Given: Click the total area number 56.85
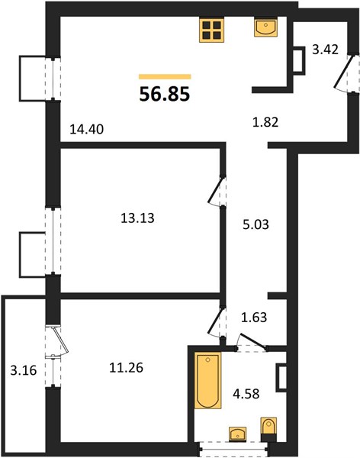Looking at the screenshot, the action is tap(165, 95).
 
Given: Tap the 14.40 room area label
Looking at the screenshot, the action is tap(87, 129).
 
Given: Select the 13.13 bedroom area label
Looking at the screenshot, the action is tap(137, 218).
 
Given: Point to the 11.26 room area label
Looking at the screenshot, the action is tap(126, 368).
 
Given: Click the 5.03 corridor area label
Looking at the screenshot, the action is tap(256, 224).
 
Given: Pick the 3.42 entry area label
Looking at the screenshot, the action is tap(325, 50).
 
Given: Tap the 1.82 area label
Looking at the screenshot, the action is tap(265, 122).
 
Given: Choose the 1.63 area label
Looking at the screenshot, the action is tap(254, 317).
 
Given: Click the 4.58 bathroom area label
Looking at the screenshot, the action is tap(246, 394).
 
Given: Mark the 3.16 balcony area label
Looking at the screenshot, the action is tap(24, 371).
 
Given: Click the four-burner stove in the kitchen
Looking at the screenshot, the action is tap(212, 31).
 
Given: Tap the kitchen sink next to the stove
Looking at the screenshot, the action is tap(265, 27).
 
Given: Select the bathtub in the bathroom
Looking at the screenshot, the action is tap(208, 380).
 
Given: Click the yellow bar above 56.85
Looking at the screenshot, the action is tap(165, 77).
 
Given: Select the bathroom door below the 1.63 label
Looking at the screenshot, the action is tap(252, 342).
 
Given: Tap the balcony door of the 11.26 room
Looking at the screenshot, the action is tap(60, 341).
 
